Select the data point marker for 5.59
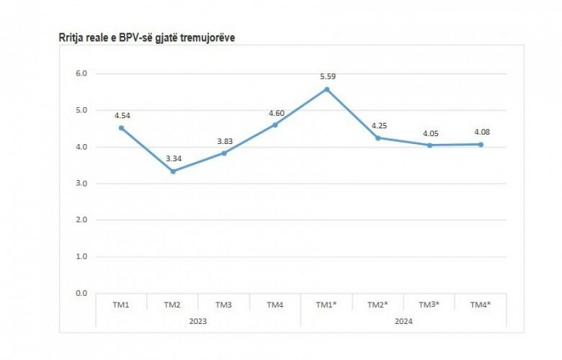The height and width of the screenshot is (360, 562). tap(326, 89)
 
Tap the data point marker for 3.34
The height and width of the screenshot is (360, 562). tap(173, 171)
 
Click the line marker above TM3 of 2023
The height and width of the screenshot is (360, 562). tap(224, 153)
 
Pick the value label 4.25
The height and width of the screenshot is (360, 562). tap(378, 126)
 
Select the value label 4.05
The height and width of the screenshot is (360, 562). tap(429, 133)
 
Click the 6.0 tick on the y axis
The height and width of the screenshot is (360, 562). tap(81, 73)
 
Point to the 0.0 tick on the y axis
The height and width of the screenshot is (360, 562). tap(81, 294)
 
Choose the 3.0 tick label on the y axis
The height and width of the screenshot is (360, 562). tap(81, 184)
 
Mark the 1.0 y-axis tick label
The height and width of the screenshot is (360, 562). tap(81, 257)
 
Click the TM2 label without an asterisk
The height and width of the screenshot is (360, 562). tap(173, 305)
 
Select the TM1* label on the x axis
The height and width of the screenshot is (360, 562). tap(326, 305)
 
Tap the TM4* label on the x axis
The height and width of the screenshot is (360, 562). tap(481, 305)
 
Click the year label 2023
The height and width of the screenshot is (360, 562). tap(198, 320)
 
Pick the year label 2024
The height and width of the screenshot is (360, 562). tap(403, 320)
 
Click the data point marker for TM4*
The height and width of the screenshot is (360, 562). tap(481, 145)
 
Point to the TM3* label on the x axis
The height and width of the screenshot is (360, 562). tap(429, 305)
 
